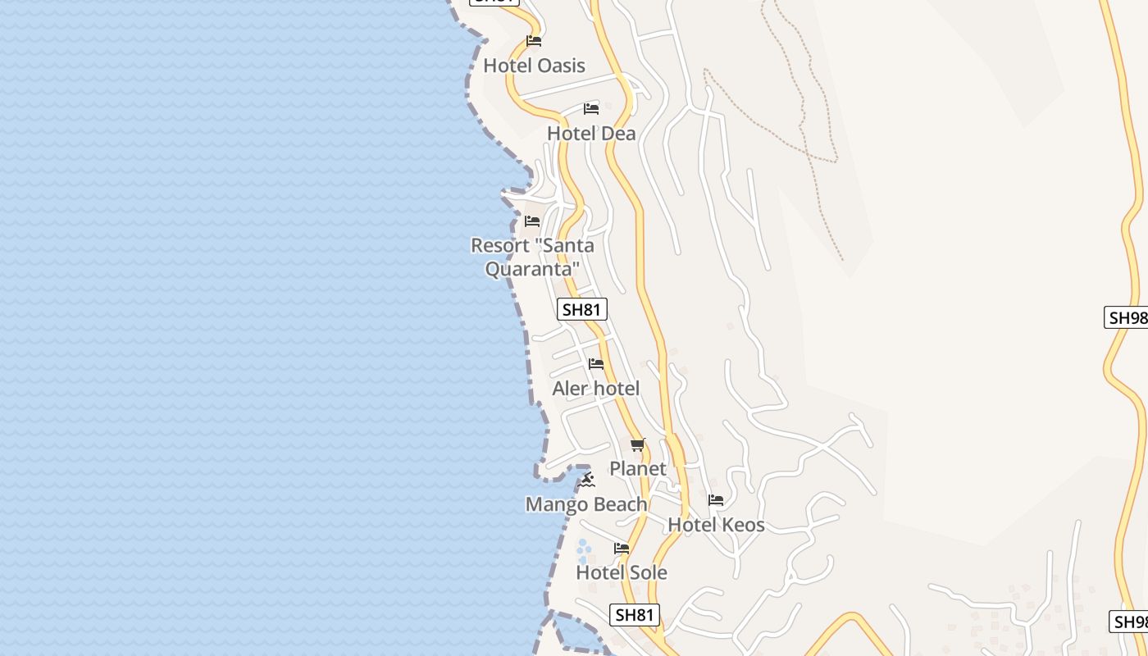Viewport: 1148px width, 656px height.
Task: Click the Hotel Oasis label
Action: point(534,66)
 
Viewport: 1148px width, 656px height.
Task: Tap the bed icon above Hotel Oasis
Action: point(534,40)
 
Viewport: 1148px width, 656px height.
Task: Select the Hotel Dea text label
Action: point(591,134)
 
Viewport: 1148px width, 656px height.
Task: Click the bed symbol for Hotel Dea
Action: point(591,108)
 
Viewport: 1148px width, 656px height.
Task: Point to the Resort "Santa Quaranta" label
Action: point(532,257)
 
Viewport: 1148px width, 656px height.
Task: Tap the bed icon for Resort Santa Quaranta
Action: point(532,221)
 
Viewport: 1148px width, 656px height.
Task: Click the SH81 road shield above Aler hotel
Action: point(582,309)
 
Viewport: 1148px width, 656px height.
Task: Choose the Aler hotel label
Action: point(595,389)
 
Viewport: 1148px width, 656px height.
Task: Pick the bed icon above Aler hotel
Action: point(596,363)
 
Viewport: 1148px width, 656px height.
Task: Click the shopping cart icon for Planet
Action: point(638,444)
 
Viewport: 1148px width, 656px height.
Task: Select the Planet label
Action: point(638,469)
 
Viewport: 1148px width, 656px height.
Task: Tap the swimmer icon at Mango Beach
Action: point(585,480)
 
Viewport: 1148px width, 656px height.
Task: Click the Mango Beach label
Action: point(586,504)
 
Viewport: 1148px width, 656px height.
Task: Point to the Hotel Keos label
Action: point(716,525)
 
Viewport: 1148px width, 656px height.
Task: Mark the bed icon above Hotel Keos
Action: point(716,499)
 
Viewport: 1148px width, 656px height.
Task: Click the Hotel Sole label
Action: point(622,572)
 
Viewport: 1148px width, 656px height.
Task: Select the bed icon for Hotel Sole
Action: point(622,548)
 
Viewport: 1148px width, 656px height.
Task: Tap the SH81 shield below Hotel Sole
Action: point(635,614)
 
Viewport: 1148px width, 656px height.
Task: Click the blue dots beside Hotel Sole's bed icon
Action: point(584,549)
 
